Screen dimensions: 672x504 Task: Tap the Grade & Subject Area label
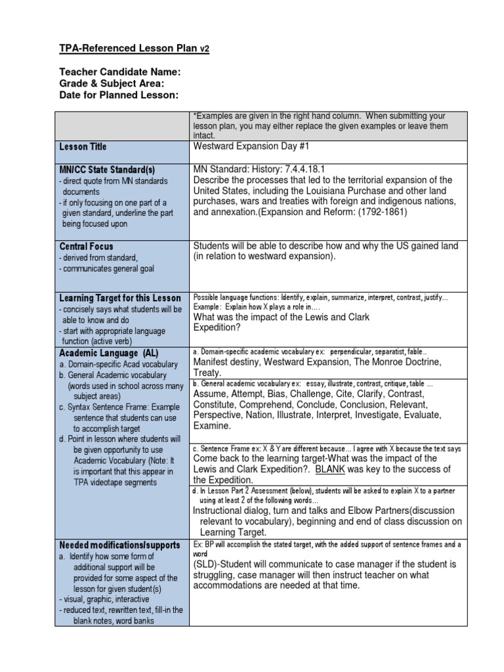tap(112, 84)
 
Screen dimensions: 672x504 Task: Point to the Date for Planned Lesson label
tap(119, 96)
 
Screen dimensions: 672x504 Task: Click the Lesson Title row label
tap(83, 147)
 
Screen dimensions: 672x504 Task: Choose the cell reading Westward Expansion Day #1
tap(251, 146)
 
